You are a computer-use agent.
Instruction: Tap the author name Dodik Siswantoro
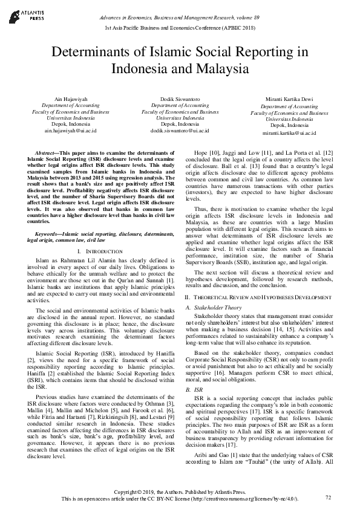coord(180,98)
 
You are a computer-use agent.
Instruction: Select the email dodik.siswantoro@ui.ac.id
coord(180,130)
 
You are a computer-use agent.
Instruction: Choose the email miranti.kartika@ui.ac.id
coord(290,132)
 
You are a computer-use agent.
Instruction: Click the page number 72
coord(329,497)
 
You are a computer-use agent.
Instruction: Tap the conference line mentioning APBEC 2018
coord(180,28)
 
